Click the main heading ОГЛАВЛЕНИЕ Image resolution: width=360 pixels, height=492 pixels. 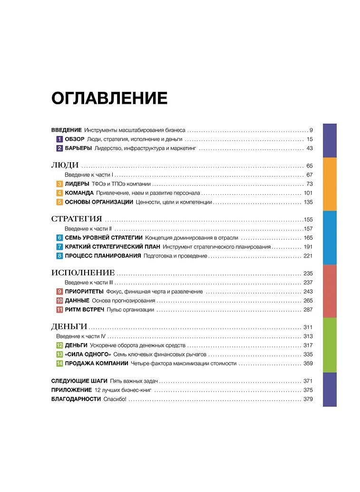pyautogui.click(x=109, y=98)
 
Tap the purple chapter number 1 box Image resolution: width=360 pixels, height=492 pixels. pyautogui.click(x=59, y=139)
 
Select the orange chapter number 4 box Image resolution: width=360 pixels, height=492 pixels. pyautogui.click(x=59, y=193)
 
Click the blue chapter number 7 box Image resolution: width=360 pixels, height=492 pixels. pyautogui.click(x=59, y=247)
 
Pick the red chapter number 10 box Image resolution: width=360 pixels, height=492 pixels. pyautogui.click(x=59, y=301)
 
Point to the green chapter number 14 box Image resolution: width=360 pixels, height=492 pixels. pyautogui.click(x=59, y=364)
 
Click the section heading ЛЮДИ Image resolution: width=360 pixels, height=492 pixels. pyautogui.click(x=64, y=166)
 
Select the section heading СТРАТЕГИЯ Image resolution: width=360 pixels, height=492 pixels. pyautogui.click(x=76, y=219)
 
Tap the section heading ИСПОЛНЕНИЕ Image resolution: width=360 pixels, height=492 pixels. pyautogui.click(x=83, y=273)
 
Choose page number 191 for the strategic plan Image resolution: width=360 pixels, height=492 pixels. pyautogui.click(x=307, y=247)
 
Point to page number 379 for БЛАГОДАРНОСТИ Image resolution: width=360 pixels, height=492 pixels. pyautogui.click(x=307, y=399)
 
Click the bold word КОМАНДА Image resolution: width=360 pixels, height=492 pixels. pyautogui.click(x=79, y=193)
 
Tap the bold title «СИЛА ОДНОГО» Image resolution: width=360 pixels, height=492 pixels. pyautogui.click(x=88, y=354)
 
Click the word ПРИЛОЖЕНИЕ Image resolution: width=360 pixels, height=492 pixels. pyautogui.click(x=71, y=390)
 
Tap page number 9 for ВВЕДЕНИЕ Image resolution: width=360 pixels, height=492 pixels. pyautogui.click(x=310, y=130)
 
